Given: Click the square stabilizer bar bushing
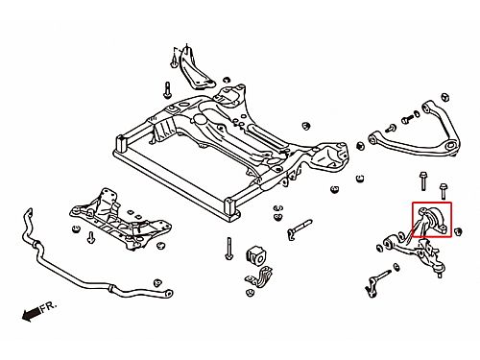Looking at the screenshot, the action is [x=256, y=255].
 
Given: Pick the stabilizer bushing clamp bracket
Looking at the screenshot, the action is [x=259, y=276].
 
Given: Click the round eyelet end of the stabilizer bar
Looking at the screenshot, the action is [x=169, y=293].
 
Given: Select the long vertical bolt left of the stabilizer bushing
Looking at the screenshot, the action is [x=228, y=249].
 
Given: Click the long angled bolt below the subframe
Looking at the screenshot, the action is [x=300, y=228].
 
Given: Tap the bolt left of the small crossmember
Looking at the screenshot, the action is [x=91, y=237].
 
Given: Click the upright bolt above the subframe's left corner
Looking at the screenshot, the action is [x=167, y=90].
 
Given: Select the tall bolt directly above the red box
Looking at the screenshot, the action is [x=423, y=181].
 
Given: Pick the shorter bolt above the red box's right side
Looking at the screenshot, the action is [x=444, y=191].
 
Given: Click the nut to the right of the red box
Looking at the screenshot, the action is [x=458, y=230].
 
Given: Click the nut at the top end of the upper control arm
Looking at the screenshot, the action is [x=445, y=97].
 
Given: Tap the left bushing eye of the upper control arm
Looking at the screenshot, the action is [x=372, y=139].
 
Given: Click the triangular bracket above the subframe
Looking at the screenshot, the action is [x=193, y=70].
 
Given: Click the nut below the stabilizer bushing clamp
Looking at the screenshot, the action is [x=250, y=293].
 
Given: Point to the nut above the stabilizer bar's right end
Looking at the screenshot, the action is [x=157, y=283].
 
